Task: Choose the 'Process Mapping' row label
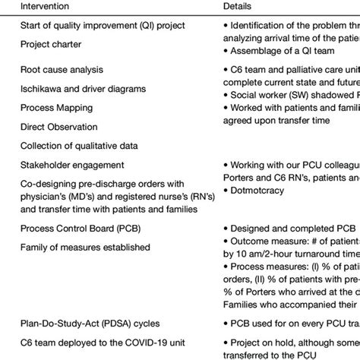coord(55,108)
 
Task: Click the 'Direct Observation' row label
coord(59,127)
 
